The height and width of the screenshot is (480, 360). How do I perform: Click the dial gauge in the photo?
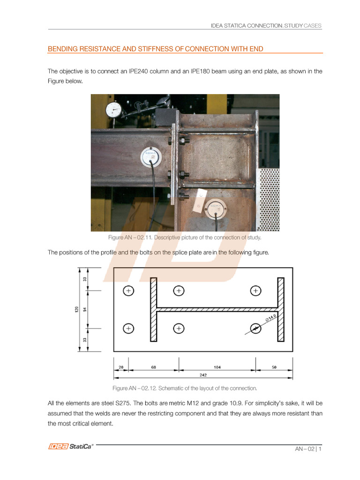coord(113,110)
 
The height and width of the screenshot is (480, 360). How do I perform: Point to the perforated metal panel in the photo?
coord(269,199)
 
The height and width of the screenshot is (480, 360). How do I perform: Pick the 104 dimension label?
coord(217,367)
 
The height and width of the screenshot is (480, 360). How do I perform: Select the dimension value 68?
coord(153,367)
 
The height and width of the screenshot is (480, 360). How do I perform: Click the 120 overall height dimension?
coord(76,310)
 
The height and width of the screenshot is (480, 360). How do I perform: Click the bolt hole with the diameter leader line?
coord(255,328)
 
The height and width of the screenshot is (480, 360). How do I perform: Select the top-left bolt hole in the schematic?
coord(128,291)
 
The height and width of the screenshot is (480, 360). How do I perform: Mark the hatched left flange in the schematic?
coord(153,309)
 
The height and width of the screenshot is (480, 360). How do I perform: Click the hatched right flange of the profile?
coord(281,309)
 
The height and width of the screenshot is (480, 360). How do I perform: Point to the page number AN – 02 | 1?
coord(308,449)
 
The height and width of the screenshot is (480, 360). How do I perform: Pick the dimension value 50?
coord(274,367)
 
